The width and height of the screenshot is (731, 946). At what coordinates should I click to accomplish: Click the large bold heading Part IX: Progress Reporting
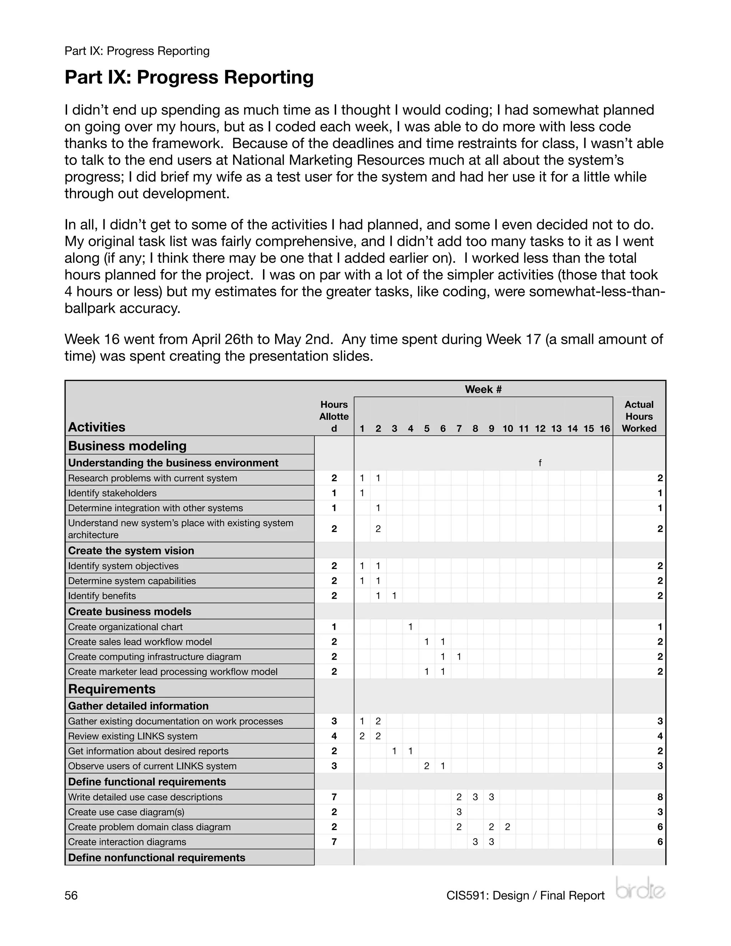[189, 77]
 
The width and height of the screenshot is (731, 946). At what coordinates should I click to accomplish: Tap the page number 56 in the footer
[71, 895]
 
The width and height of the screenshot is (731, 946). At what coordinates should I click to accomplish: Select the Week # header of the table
[483, 389]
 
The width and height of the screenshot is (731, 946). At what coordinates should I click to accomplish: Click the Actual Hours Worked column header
[639, 416]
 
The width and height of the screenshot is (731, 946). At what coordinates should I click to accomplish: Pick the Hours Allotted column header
[334, 416]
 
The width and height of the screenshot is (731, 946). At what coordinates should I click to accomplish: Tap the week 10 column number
[508, 429]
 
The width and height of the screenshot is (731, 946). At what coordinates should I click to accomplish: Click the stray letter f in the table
[540, 463]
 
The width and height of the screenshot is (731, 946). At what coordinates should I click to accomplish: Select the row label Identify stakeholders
[112, 493]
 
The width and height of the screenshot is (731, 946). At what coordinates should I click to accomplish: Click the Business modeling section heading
[127, 446]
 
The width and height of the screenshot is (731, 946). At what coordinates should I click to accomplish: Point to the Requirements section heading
[112, 689]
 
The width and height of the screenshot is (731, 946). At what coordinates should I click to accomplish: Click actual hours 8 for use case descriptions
[660, 797]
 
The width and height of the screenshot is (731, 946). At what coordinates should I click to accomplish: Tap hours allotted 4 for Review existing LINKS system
[334, 736]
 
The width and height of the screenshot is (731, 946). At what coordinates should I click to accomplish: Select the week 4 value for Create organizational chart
[410, 627]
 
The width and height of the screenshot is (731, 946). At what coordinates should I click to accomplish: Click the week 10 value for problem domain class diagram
[508, 827]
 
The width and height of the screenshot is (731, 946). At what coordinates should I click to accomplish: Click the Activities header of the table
[97, 427]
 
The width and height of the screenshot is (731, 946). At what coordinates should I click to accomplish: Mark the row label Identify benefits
[102, 595]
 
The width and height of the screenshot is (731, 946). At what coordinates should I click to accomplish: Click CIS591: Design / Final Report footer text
[525, 895]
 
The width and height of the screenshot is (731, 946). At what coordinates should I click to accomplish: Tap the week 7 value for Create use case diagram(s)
[459, 812]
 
